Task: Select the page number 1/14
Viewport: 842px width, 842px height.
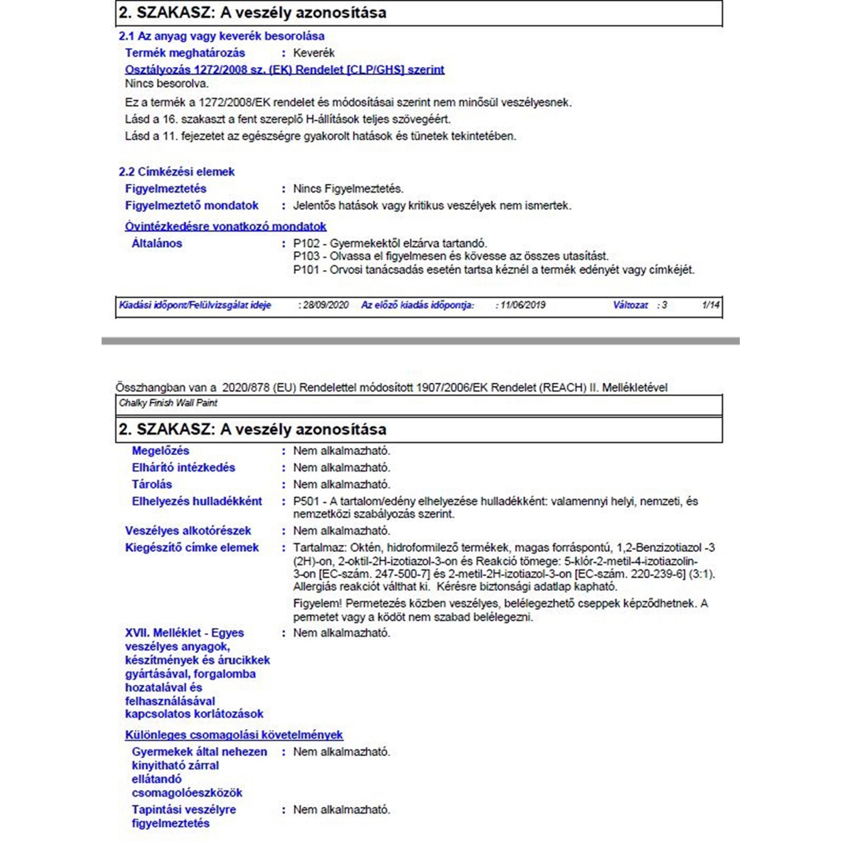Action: (711, 305)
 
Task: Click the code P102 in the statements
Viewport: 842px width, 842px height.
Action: (306, 244)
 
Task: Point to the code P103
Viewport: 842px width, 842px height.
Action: (306, 257)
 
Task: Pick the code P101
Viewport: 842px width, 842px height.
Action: (306, 270)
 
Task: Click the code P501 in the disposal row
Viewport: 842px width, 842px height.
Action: (306, 501)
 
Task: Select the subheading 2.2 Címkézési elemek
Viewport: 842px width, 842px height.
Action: (176, 172)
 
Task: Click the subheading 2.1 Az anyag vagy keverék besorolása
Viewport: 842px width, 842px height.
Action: (221, 36)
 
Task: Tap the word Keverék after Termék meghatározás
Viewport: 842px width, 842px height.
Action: (314, 53)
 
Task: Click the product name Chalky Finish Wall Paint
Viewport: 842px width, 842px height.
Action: (168, 403)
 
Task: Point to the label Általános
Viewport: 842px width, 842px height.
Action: (157, 244)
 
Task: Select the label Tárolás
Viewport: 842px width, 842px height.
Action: (152, 484)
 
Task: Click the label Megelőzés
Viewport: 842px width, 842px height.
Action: (161, 451)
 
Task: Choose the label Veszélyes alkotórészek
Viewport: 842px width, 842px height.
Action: (188, 531)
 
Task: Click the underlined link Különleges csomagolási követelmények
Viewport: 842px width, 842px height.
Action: (234, 735)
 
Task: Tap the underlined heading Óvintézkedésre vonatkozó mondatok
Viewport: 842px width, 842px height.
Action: (225, 227)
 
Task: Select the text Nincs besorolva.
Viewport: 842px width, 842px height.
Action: (167, 84)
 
